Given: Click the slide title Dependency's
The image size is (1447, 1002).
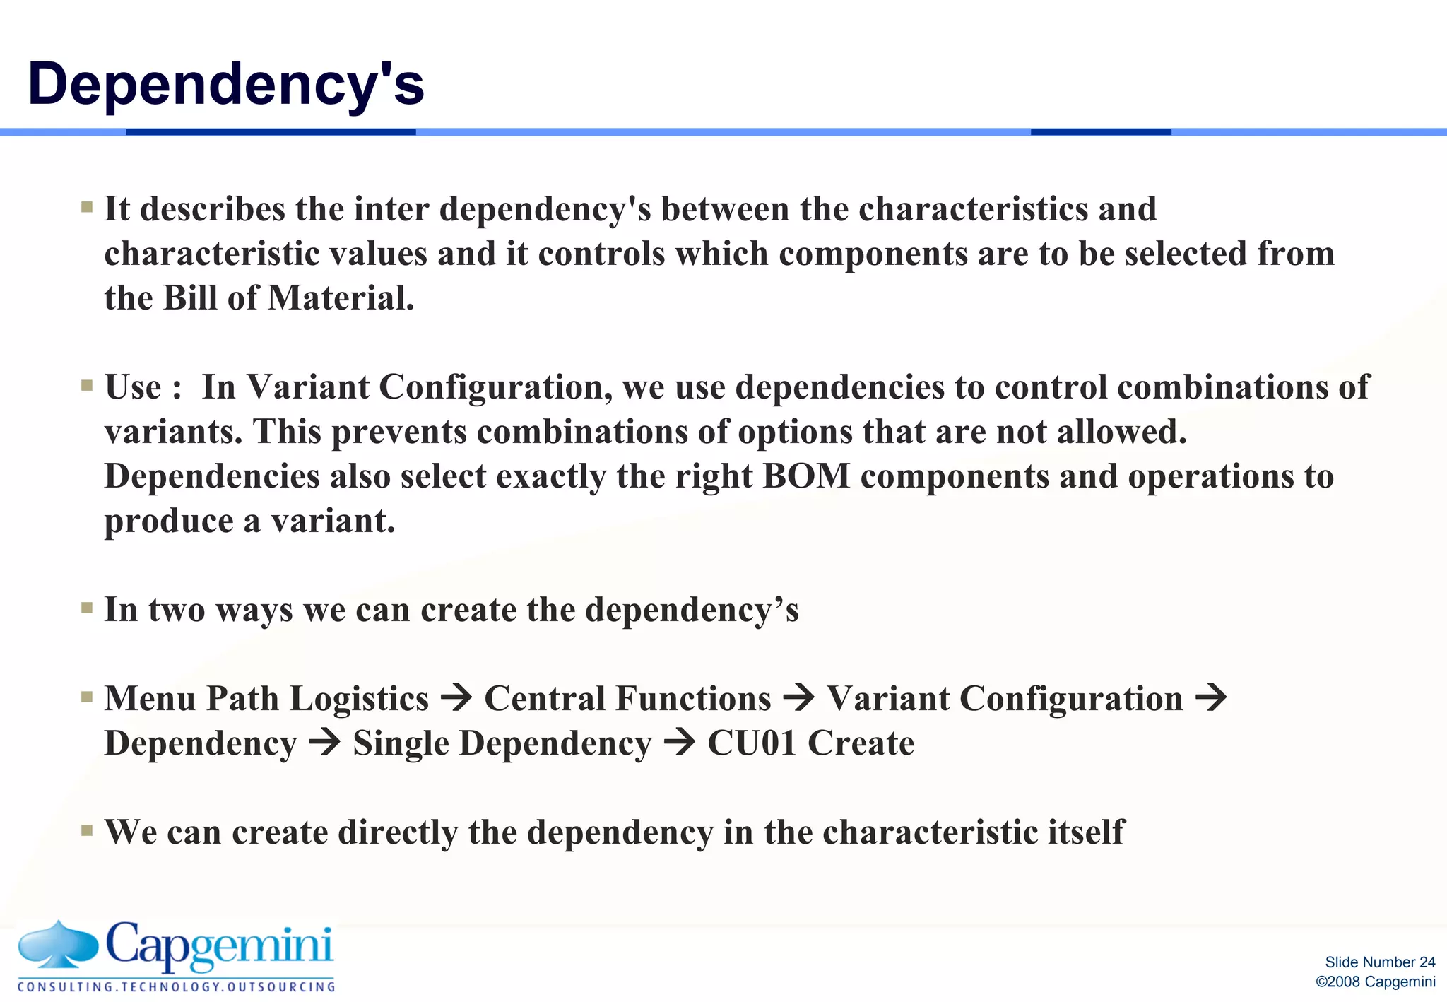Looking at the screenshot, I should (226, 84).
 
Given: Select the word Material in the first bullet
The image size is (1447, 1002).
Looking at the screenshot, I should (341, 298).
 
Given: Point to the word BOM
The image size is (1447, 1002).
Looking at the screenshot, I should (806, 476).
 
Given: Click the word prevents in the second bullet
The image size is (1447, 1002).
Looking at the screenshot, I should (399, 432).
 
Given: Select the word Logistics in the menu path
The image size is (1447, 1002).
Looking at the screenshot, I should (360, 699).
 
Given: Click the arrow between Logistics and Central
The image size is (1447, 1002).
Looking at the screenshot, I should (456, 699).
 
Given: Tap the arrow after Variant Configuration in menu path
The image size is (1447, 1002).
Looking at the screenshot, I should (1211, 699).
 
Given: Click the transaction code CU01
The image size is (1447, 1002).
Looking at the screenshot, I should (752, 743).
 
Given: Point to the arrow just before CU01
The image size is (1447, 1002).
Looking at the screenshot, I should (680, 743).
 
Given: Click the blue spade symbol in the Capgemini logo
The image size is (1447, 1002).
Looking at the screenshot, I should (58, 944).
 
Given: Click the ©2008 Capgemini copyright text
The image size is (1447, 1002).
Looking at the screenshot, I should (1375, 982).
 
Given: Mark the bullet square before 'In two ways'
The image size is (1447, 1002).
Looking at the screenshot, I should (87, 608).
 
